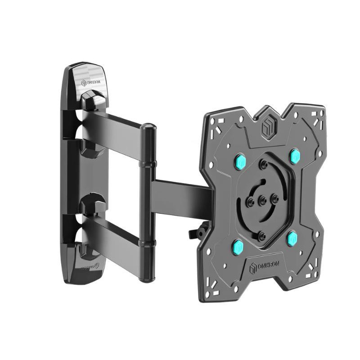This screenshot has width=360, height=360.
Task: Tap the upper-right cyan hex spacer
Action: pyautogui.click(x=295, y=156)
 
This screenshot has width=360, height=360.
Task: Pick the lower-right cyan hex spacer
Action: pyautogui.click(x=292, y=238)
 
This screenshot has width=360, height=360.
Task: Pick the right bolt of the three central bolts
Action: pyautogui.click(x=274, y=197)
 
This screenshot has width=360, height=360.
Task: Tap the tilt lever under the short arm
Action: pyautogui.click(x=197, y=232)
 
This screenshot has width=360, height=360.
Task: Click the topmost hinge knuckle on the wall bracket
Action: pyautogui.click(x=92, y=100)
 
